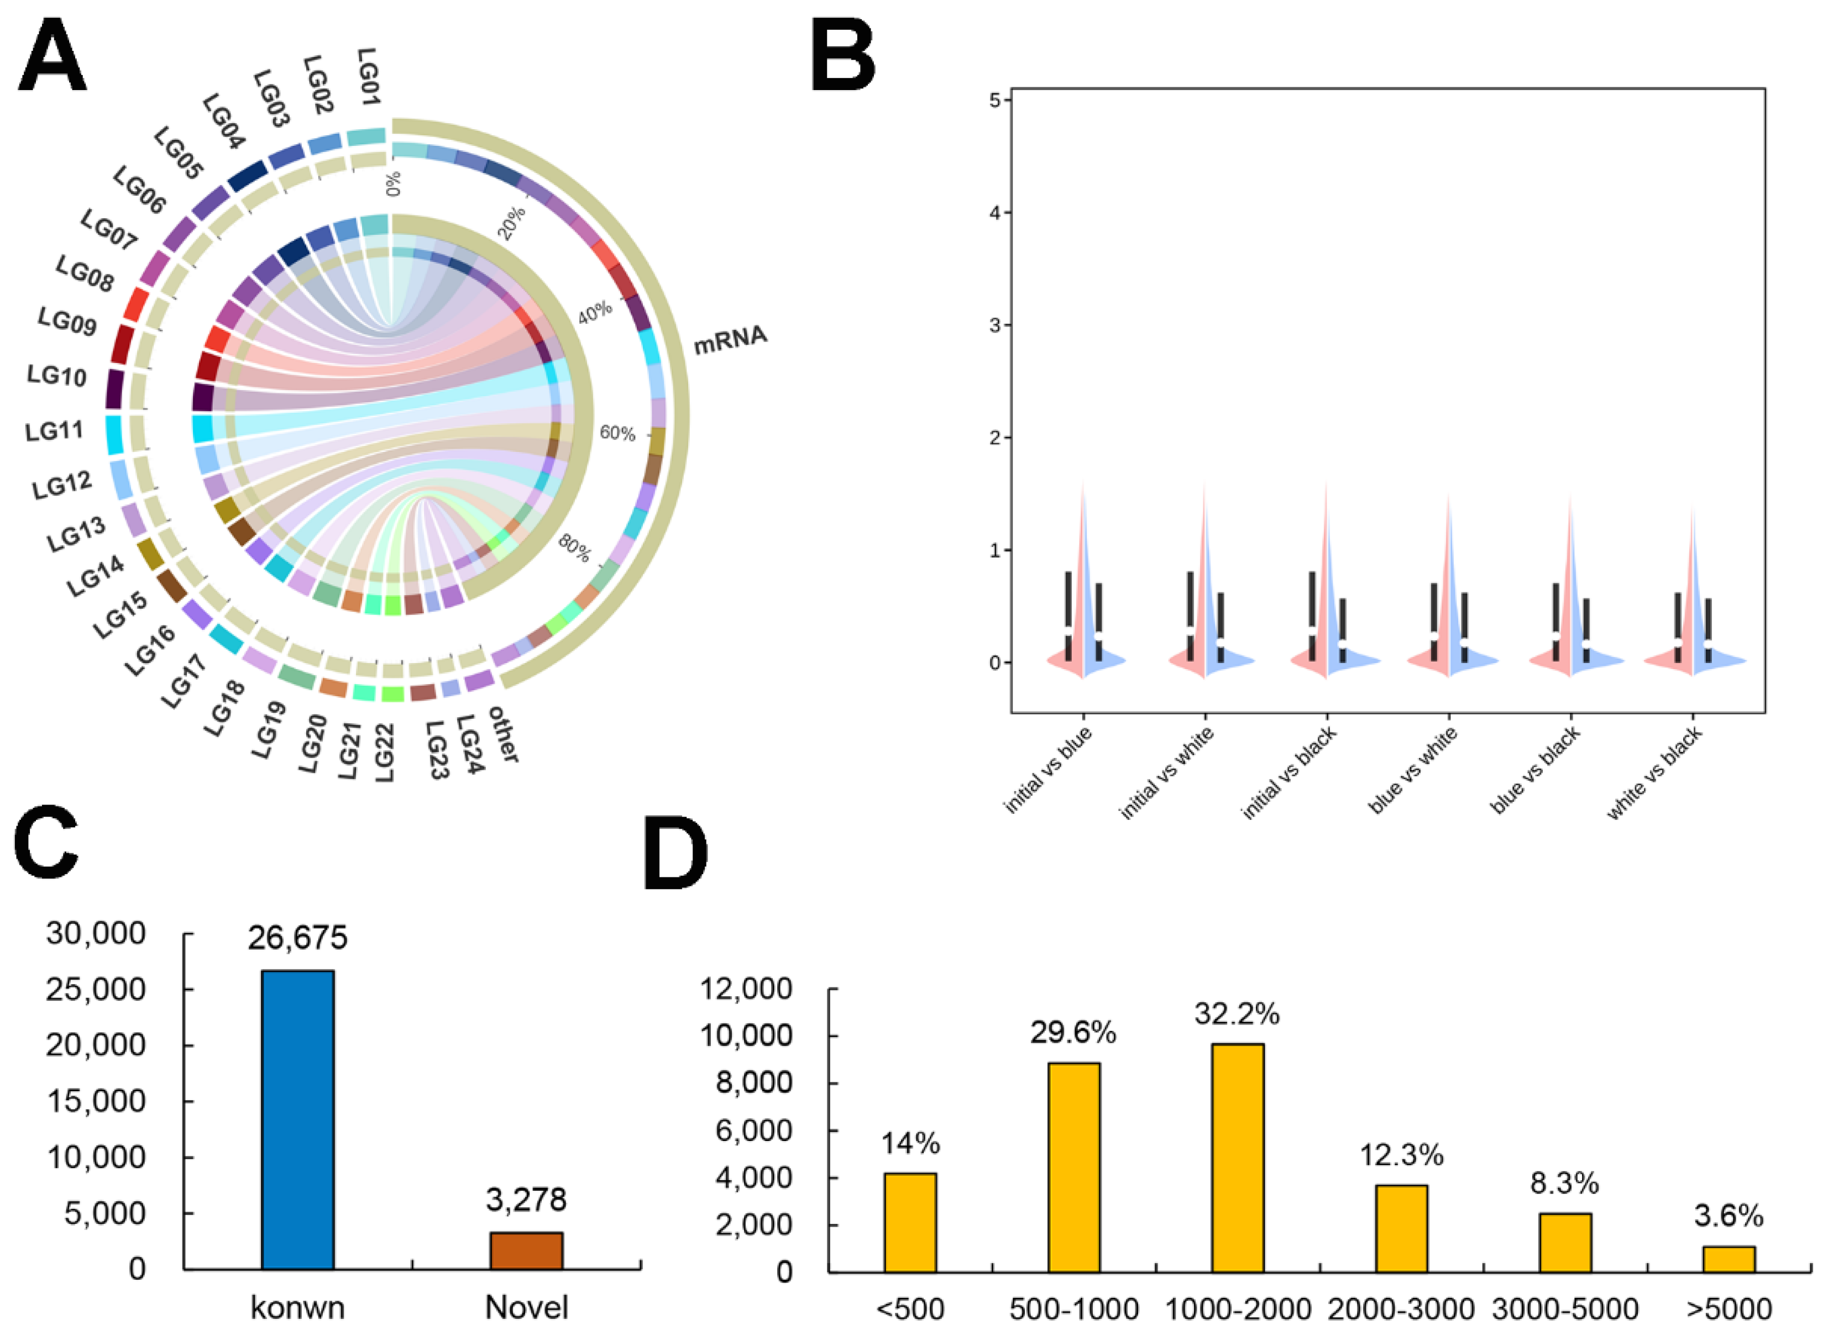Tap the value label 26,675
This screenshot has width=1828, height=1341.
[x=297, y=938]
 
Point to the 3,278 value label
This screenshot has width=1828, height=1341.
[x=526, y=1199]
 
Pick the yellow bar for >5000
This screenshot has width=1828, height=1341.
[x=1728, y=1258]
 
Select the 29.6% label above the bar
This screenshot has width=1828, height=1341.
[x=1073, y=1033]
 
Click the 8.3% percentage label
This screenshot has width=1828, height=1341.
[x=1564, y=1184]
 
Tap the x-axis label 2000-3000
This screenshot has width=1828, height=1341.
[x=1401, y=1308]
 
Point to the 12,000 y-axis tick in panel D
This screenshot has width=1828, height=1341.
[x=746, y=988]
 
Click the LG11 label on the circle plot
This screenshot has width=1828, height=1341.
[x=54, y=430]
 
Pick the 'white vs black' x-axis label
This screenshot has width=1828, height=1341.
[x=1654, y=773]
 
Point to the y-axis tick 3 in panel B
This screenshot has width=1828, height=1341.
[x=995, y=325]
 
